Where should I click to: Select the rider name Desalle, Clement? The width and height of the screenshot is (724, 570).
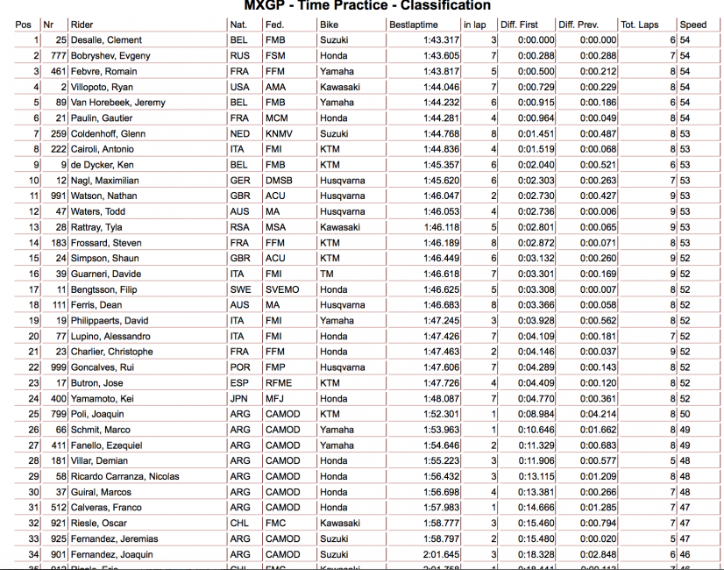tap(106, 40)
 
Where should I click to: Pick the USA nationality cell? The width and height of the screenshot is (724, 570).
tap(238, 87)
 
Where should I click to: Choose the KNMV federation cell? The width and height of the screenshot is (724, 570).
tap(278, 134)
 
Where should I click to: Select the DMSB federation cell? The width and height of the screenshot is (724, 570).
tap(278, 181)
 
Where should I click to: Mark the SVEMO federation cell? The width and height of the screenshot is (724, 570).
tap(281, 289)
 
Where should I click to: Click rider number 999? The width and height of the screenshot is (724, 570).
tap(58, 367)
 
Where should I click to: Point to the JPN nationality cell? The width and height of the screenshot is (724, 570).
tap(238, 398)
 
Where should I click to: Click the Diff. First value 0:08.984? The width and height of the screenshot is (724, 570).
tap(536, 414)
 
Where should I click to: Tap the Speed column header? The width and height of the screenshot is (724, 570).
tap(692, 25)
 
